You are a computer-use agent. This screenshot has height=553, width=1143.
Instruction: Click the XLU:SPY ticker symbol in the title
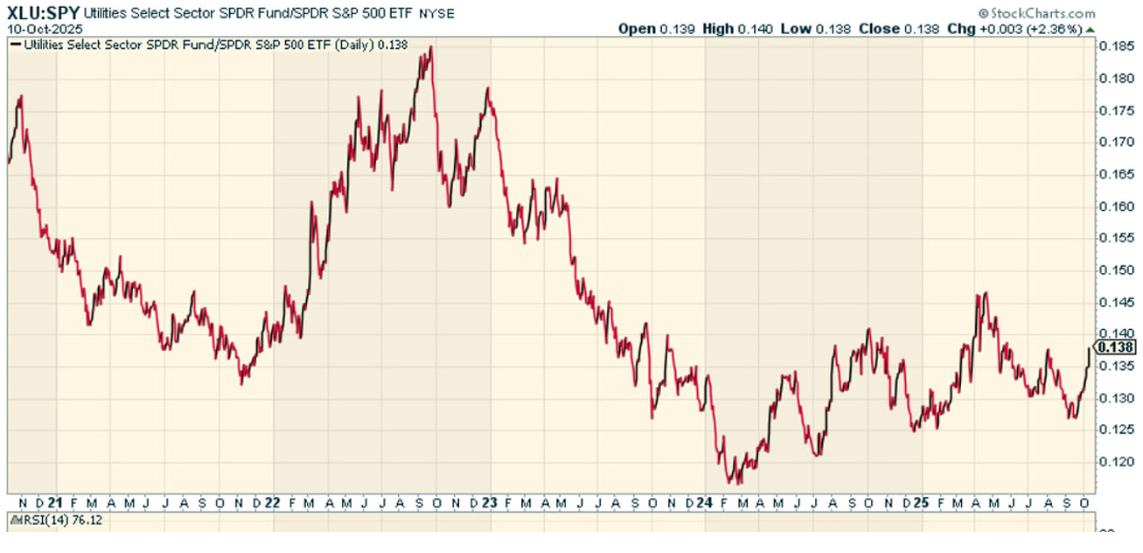pyautogui.click(x=44, y=13)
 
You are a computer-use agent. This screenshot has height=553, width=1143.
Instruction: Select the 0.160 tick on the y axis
pyautogui.click(x=1116, y=206)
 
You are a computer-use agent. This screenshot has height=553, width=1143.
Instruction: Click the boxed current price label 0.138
pyautogui.click(x=1116, y=347)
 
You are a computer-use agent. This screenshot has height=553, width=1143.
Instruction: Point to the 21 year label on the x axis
pyautogui.click(x=54, y=502)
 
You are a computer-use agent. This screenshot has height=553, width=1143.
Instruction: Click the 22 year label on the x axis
pyautogui.click(x=273, y=502)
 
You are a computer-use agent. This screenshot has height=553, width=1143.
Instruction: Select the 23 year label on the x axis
pyautogui.click(x=490, y=502)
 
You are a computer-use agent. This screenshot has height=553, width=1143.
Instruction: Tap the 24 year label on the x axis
pyautogui.click(x=705, y=502)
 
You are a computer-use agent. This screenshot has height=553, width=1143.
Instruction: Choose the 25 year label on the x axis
pyautogui.click(x=921, y=502)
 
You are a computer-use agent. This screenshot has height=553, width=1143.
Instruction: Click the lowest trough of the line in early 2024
pyautogui.click(x=728, y=480)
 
